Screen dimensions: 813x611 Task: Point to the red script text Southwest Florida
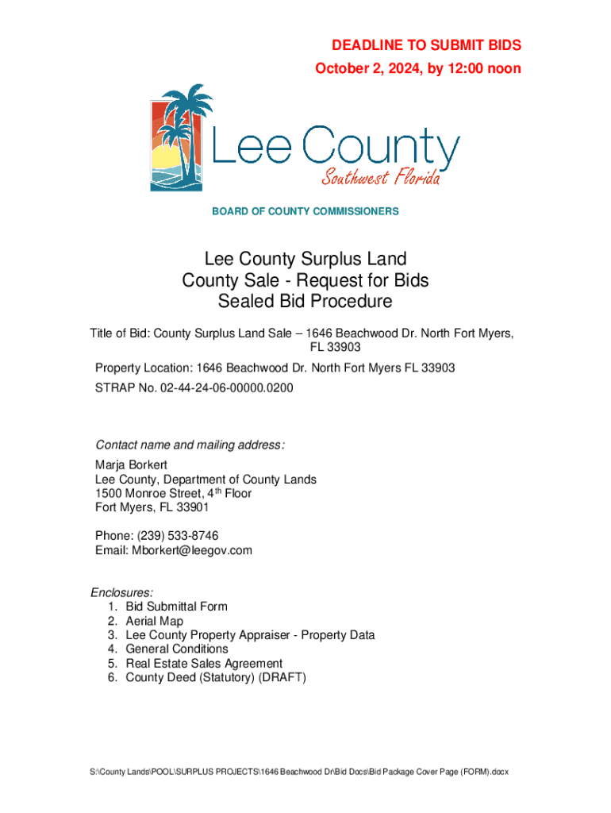pyautogui.click(x=380, y=177)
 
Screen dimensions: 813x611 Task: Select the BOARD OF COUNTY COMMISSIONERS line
pyautogui.click(x=305, y=211)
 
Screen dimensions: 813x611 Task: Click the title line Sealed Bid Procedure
pyautogui.click(x=305, y=302)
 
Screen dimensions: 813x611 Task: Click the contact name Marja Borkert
pyautogui.click(x=132, y=464)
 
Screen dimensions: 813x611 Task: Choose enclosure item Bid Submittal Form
pyautogui.click(x=176, y=607)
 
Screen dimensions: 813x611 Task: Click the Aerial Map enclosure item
pyautogui.click(x=154, y=621)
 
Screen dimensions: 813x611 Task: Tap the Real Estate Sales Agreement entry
pyautogui.click(x=203, y=663)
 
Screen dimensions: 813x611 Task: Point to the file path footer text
pyautogui.click(x=305, y=773)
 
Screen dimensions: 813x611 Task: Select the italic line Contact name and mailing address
pyautogui.click(x=190, y=445)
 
